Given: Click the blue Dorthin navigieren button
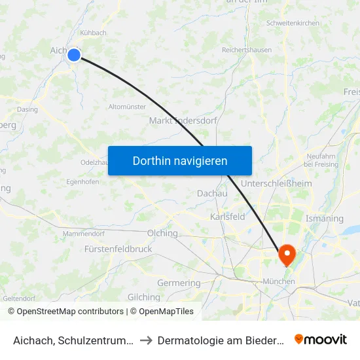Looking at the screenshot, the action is [180, 160].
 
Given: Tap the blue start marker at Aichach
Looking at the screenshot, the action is [74, 55].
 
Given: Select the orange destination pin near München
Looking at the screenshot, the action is [287, 254].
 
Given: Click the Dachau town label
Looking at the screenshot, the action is [212, 194].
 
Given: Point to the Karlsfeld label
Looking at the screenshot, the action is [228, 217].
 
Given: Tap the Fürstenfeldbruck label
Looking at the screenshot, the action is [118, 249].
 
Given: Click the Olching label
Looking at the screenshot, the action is [163, 233].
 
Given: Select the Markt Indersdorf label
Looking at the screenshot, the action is [183, 120].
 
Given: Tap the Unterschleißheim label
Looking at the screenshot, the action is [276, 184].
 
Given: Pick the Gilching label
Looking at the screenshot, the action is [144, 297].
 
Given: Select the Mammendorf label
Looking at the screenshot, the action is [84, 234].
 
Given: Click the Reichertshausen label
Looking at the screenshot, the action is [247, 50].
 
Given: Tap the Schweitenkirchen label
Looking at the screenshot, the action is [293, 24].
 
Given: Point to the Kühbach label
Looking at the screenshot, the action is [92, 32].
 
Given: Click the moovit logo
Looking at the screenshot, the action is [320, 339].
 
